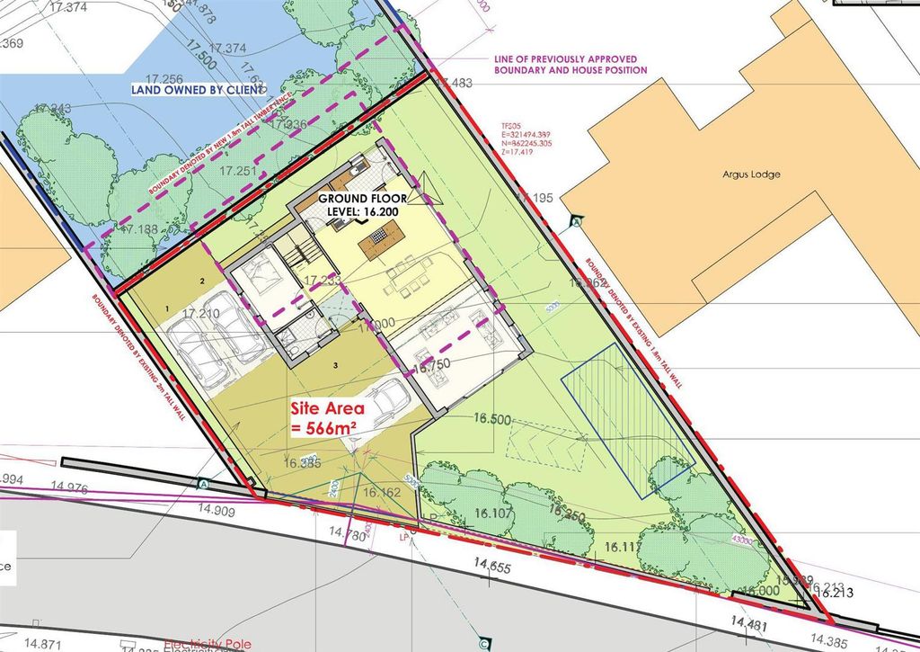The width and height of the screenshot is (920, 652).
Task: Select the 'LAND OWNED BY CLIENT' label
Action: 198,89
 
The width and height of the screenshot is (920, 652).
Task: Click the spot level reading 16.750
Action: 438,367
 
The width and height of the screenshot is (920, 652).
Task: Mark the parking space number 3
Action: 334,365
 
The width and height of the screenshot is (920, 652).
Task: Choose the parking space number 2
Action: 203,281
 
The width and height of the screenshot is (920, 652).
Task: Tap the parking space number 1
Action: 167,308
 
